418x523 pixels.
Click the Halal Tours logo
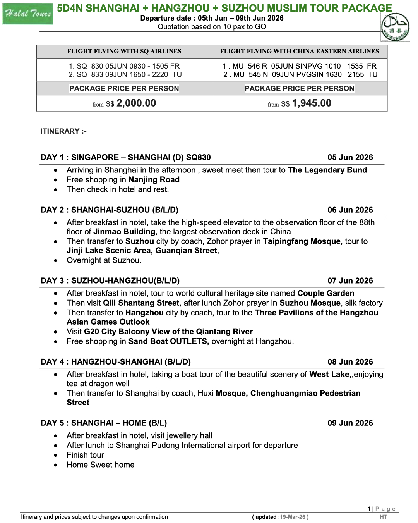click(x=27, y=14)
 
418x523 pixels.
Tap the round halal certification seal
click(x=395, y=28)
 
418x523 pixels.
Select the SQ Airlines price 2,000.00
click(x=136, y=103)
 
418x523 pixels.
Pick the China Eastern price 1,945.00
click(x=312, y=103)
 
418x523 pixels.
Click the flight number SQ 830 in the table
click(x=89, y=66)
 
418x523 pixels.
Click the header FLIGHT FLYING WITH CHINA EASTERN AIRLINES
click(x=299, y=51)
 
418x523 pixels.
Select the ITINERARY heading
click(x=63, y=131)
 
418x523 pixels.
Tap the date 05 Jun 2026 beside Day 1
click(x=350, y=157)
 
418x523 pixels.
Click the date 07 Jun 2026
click(x=350, y=281)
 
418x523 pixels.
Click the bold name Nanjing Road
click(x=154, y=180)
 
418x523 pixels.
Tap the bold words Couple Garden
click(x=326, y=293)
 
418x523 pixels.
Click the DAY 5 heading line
click(x=104, y=423)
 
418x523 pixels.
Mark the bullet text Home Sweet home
click(x=101, y=465)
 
